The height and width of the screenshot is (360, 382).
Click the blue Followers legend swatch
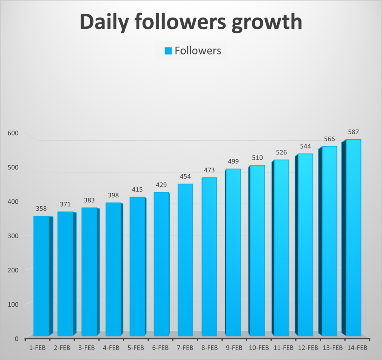[168, 51]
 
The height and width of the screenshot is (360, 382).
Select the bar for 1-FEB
[41, 276]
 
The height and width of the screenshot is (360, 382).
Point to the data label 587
[353, 132]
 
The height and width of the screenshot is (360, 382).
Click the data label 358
[41, 209]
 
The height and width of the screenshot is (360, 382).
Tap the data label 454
[185, 176]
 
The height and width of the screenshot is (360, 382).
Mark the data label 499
[233, 162]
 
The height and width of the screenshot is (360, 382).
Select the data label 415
[137, 190]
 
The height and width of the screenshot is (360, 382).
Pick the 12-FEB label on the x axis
[308, 348]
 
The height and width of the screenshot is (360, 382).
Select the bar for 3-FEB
[89, 272]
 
